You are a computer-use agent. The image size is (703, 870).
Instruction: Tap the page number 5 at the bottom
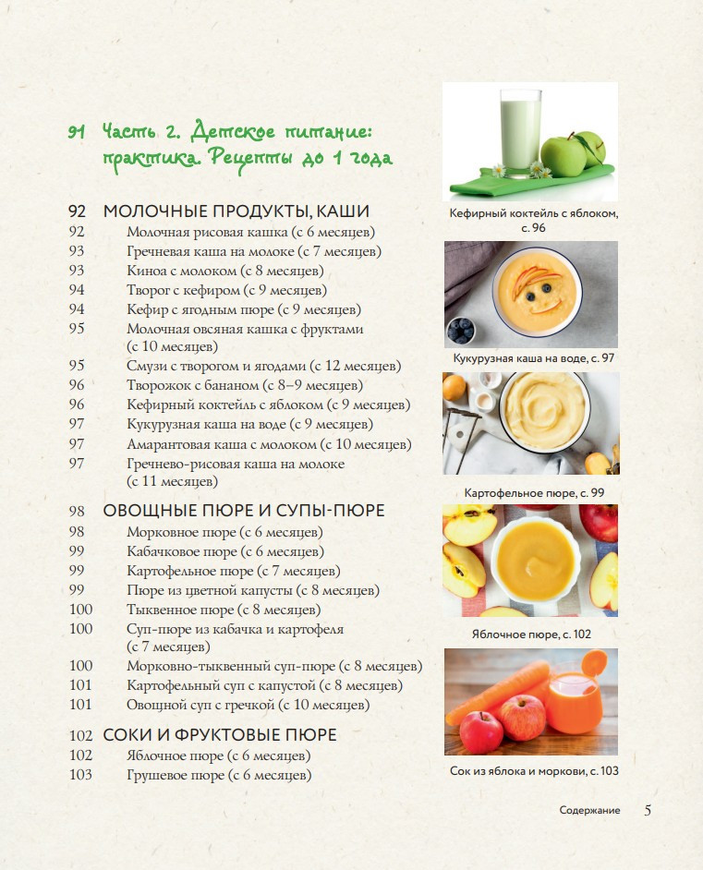[x=648, y=810]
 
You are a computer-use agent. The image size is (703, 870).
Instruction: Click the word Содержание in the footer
[x=589, y=811]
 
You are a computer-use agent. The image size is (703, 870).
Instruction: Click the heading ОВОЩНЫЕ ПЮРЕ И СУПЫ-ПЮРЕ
[x=244, y=511]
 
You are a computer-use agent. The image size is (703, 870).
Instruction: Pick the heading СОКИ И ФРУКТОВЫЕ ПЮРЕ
[x=220, y=735]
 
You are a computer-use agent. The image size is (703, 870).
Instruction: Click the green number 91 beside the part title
[x=77, y=132]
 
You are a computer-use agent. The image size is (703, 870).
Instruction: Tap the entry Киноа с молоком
[x=225, y=271]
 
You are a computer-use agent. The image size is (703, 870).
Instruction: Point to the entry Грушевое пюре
[x=219, y=775]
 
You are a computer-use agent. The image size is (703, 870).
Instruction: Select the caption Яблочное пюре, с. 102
[x=531, y=634]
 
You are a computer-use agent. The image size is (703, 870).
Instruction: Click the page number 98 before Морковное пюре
[x=77, y=532]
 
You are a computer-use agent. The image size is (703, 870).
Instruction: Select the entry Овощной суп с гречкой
[x=248, y=706]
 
